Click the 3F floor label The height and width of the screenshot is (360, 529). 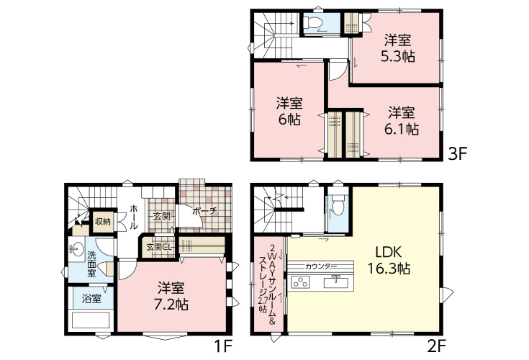(457, 155)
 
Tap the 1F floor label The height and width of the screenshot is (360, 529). (223, 346)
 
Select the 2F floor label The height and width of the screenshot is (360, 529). (437, 346)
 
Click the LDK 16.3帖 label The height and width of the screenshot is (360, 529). (389, 260)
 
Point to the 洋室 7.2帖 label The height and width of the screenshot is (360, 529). (171, 296)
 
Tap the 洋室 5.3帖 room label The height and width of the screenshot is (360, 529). (398, 48)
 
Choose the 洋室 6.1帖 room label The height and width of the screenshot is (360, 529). (402, 120)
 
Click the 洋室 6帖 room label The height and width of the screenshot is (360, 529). (289, 111)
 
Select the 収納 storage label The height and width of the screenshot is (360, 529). (102, 222)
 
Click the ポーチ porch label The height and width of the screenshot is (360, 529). (204, 212)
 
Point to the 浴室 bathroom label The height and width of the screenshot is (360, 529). (91, 298)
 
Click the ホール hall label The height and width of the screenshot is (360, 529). (133, 217)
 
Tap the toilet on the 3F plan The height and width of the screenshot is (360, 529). (312, 23)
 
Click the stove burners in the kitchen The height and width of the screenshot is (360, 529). (300, 282)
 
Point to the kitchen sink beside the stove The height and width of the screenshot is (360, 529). (336, 282)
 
